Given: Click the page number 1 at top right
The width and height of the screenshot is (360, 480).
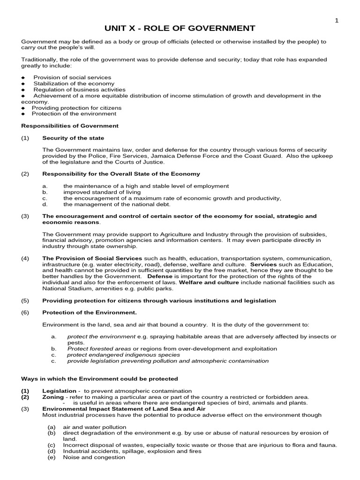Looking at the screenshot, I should point(336,20).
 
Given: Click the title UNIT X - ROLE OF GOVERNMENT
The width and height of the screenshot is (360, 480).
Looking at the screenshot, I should point(180,29).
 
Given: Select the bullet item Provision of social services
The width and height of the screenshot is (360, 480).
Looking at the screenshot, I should point(72,77).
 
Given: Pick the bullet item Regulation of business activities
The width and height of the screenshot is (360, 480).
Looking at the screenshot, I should point(79,90).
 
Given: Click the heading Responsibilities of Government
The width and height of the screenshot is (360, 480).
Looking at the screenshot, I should point(70,126).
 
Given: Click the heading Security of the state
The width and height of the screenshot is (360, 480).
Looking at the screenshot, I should point(73,138).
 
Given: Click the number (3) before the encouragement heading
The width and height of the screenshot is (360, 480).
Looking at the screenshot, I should point(25,217).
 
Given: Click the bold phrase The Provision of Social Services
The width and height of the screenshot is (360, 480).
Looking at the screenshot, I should point(92,258).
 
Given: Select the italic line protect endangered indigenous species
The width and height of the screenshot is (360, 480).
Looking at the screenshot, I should point(123,355).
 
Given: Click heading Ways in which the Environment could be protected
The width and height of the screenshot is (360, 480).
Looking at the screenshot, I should point(100,378).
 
